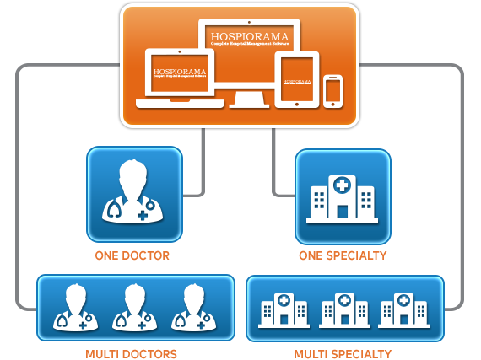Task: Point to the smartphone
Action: (x=333, y=89)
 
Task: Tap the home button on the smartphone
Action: (x=333, y=104)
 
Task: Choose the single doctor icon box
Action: (x=134, y=194)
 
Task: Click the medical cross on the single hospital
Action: (x=341, y=185)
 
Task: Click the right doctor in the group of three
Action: (x=189, y=307)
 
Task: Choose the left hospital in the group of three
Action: (x=281, y=309)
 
